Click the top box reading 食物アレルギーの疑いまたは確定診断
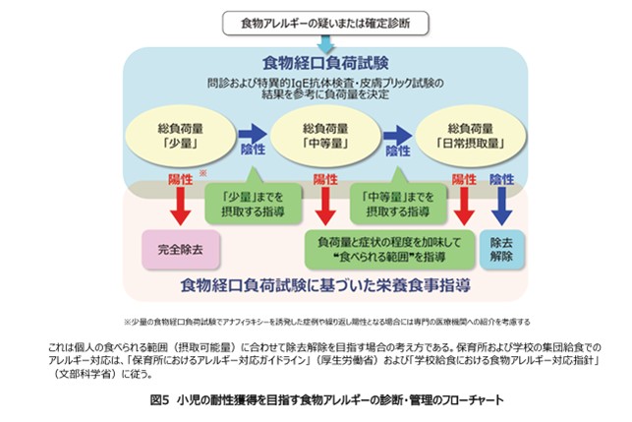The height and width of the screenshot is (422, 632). click(x=316, y=22)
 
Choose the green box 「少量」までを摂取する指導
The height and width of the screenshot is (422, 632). click(x=251, y=201)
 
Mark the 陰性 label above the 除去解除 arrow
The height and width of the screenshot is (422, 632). click(x=502, y=179)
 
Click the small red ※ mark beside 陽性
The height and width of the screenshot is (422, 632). click(x=201, y=171)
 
